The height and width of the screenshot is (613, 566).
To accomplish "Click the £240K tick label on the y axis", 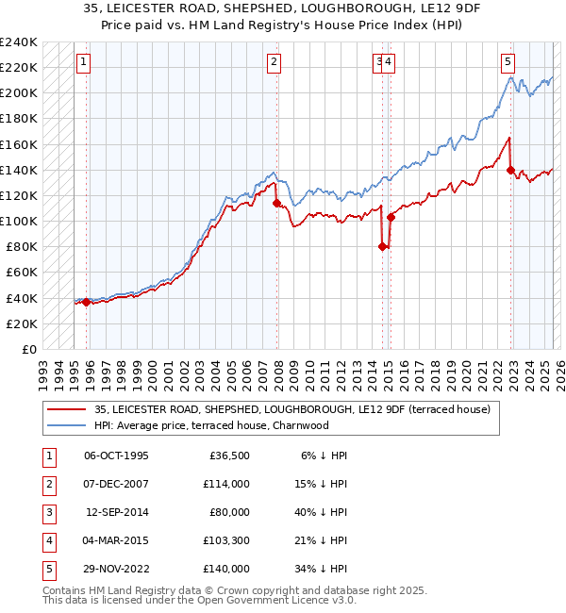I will pyautogui.click(x=18, y=42).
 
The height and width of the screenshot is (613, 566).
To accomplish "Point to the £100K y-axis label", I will pyautogui.click(x=18, y=221).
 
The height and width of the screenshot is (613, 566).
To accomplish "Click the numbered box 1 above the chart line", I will pyautogui.click(x=84, y=62).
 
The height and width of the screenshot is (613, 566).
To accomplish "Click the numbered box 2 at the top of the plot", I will pyautogui.click(x=274, y=62).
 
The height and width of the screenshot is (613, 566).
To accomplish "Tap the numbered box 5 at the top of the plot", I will pyautogui.click(x=508, y=62).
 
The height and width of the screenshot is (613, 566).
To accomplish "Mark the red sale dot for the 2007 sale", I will pyautogui.click(x=276, y=203).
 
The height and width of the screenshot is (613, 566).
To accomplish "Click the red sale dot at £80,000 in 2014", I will pyautogui.click(x=382, y=247).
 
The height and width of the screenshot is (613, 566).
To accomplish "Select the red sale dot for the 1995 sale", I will pyautogui.click(x=86, y=302).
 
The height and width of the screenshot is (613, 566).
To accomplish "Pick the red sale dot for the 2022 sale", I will pyautogui.click(x=510, y=170).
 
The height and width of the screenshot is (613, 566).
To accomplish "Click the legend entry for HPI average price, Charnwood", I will pyautogui.click(x=210, y=425).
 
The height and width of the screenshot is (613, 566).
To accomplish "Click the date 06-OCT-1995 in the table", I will pyautogui.click(x=116, y=456).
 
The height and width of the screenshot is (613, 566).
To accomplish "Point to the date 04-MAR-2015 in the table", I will pyautogui.click(x=116, y=540).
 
